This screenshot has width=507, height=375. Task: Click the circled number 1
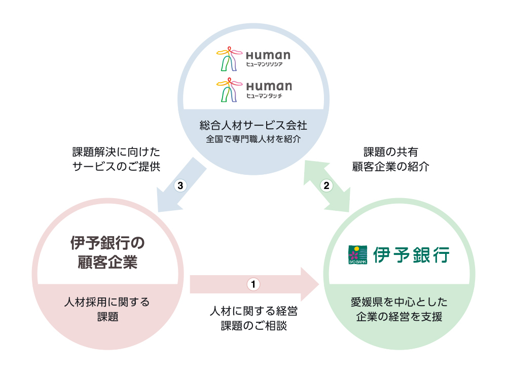pos(253,284)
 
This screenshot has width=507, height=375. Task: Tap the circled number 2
pos(326,185)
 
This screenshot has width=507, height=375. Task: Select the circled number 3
pos(180,185)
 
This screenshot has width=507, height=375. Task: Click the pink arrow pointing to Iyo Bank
pos(255,284)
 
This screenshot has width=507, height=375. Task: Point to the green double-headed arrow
pos(327,186)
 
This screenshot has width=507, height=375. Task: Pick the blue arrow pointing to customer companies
pos(180,185)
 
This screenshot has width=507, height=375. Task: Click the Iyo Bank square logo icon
pos(357,255)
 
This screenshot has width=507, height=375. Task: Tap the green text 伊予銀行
pos(411,255)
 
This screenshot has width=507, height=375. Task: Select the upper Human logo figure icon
pos(229,58)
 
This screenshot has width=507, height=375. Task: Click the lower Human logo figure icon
pos(229,90)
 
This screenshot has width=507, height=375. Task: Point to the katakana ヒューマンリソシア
pos(264,64)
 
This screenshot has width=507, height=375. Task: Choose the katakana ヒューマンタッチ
pos(264,96)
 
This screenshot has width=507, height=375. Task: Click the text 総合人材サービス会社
pos(253,125)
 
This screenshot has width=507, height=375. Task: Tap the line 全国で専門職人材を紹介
pos(253,139)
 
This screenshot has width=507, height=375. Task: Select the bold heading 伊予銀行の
pos(107,243)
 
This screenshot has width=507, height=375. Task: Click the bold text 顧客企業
pos(107,262)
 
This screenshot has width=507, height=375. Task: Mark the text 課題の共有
pos(390,152)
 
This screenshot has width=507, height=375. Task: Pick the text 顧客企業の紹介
pos(390,167)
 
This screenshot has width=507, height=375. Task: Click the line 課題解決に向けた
pos(116,152)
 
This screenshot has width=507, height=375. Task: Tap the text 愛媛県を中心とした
pos(399,302)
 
